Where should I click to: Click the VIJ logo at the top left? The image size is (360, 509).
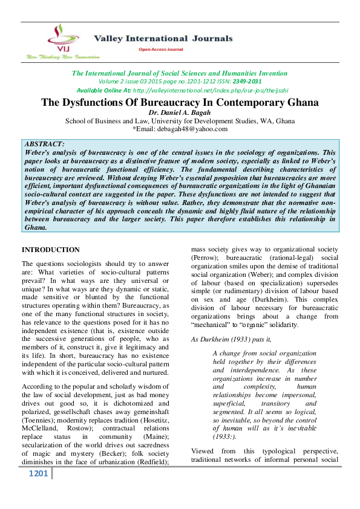58,38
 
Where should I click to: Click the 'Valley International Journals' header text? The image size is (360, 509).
154,38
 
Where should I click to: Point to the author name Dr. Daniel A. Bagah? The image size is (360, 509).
180,112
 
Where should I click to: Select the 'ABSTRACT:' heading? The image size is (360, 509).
45,144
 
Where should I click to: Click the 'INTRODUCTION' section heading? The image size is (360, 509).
50,250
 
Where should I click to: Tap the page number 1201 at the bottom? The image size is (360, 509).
39,473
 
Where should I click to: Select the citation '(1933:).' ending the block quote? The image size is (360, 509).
228,436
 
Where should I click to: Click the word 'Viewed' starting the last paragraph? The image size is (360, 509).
203,451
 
